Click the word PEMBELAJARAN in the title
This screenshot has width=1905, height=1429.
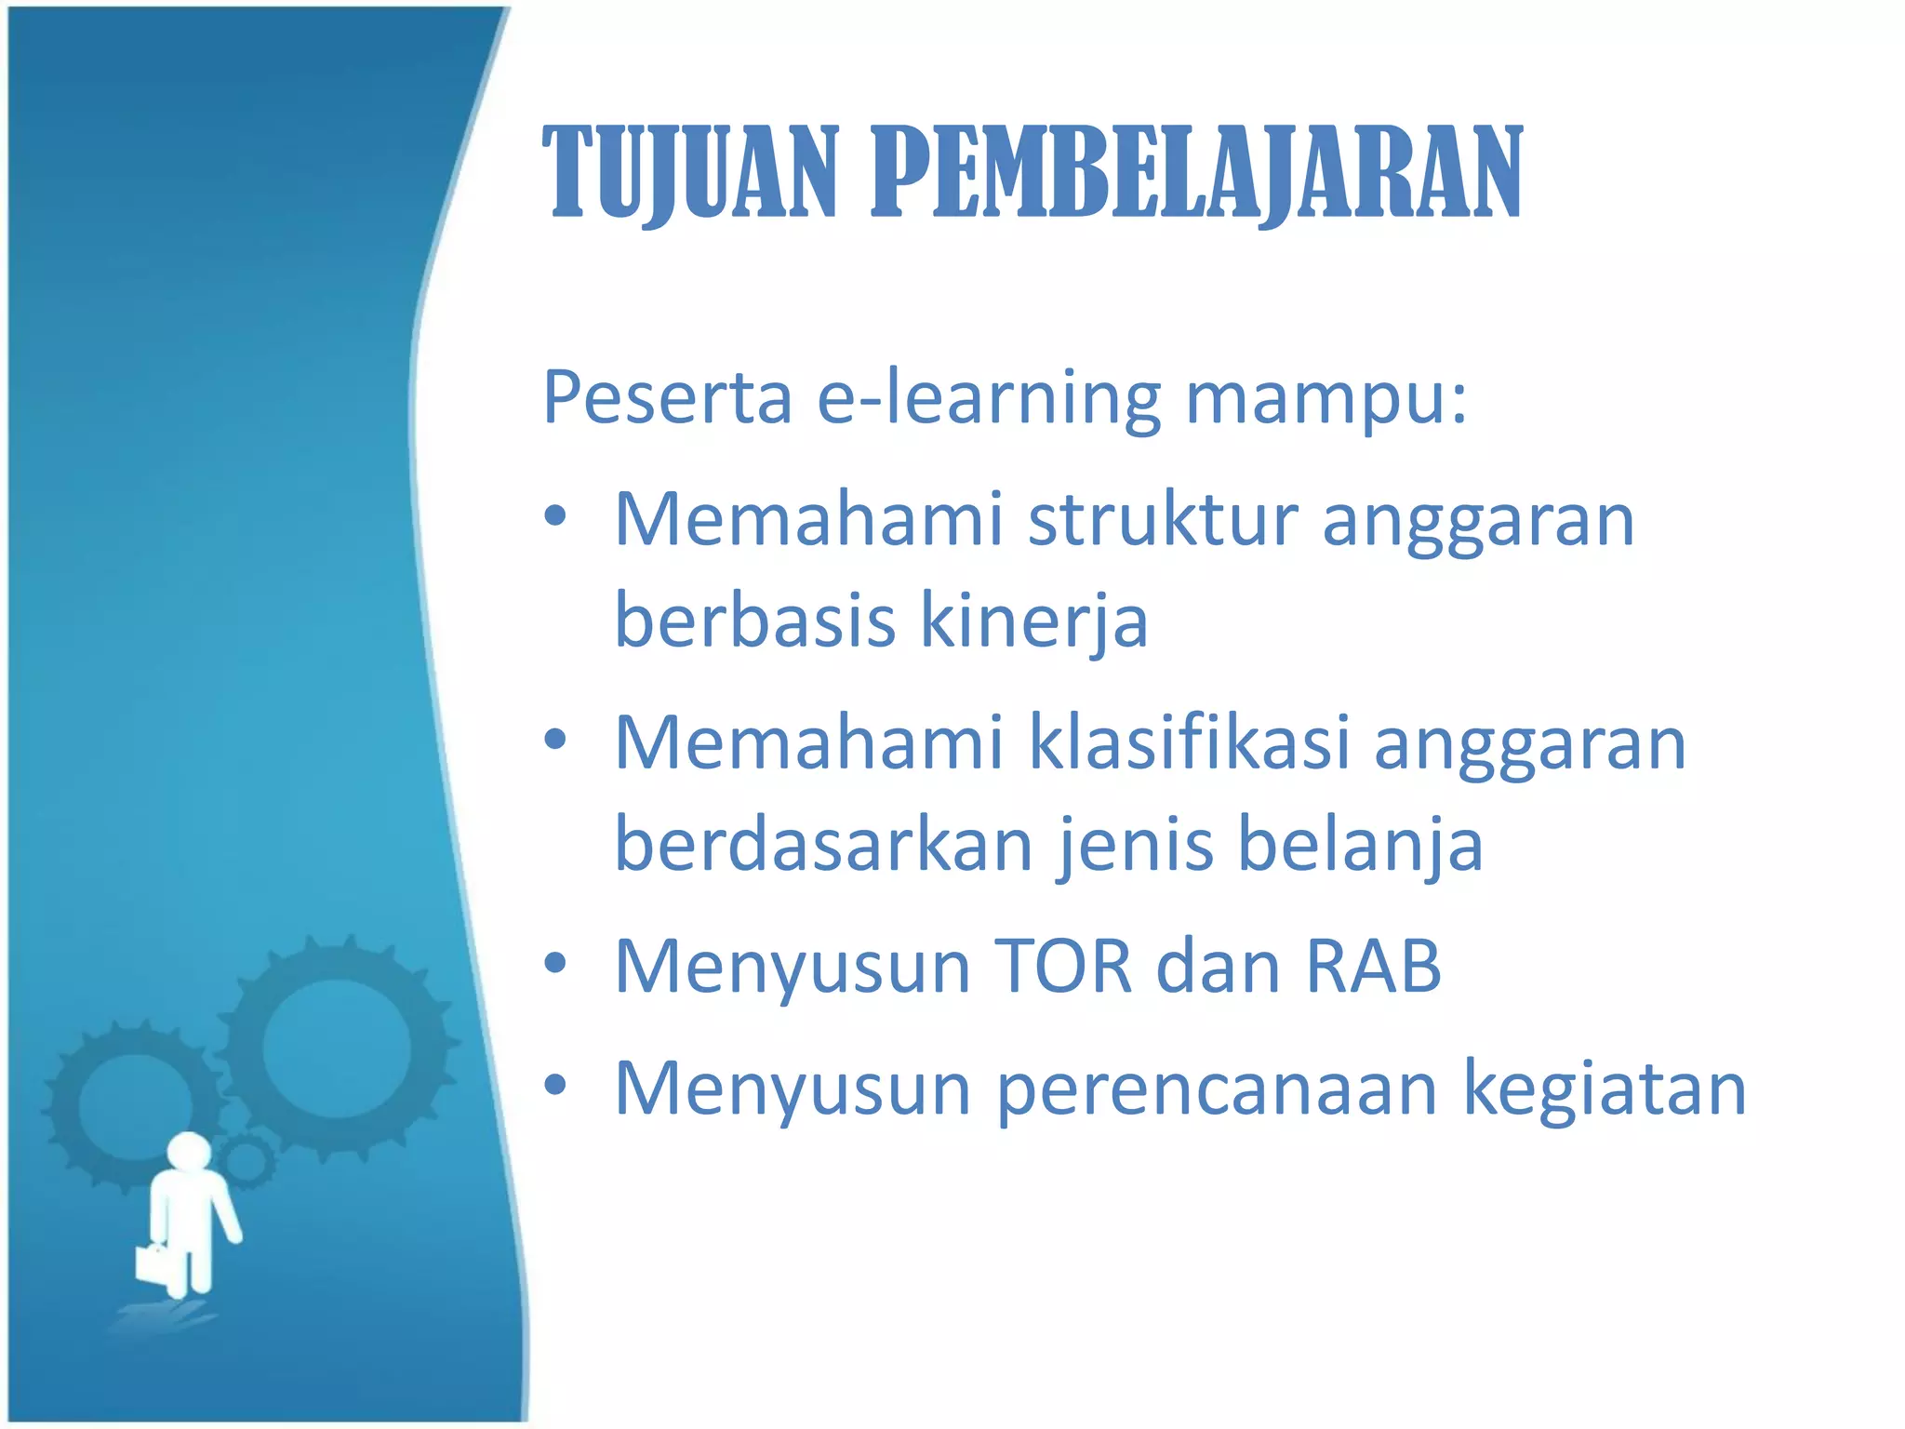[1196, 174]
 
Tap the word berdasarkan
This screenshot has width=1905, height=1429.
[824, 844]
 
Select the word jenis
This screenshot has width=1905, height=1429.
[1135, 844]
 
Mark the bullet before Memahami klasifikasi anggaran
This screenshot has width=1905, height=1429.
[555, 741]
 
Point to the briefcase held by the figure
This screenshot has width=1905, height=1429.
[152, 1262]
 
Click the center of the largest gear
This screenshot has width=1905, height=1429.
[336, 1048]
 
